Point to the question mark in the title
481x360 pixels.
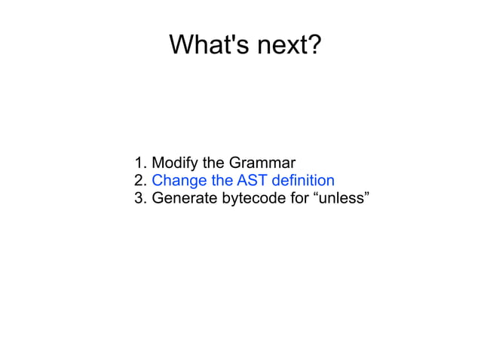point(314,45)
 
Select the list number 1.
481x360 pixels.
point(139,163)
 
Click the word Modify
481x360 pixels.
point(174,163)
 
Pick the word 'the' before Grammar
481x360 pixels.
point(213,163)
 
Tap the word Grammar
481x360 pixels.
point(262,163)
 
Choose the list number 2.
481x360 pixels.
point(139,181)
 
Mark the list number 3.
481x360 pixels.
point(139,199)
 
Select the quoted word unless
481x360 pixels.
point(339,199)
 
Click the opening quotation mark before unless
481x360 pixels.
point(314,195)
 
